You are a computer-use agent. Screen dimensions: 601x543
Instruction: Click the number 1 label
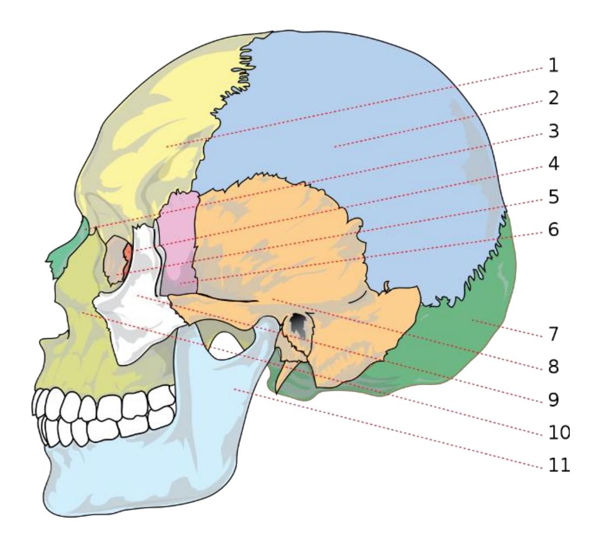coord(553,66)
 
